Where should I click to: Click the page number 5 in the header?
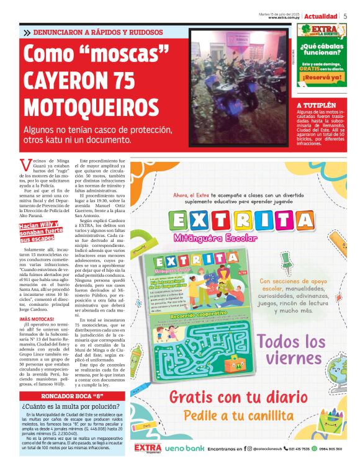tap(345, 16)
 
